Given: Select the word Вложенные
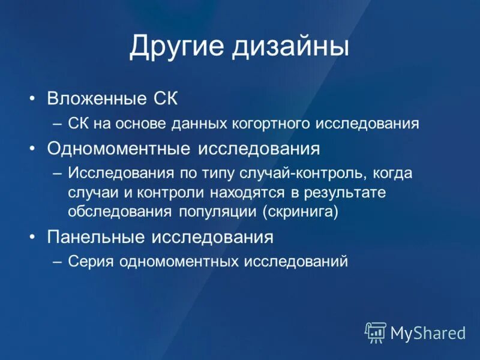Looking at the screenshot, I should click(97, 98).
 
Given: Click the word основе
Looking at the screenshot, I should click(142, 124).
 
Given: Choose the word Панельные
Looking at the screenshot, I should click(96, 236).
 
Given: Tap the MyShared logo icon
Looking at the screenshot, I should click(375, 332).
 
